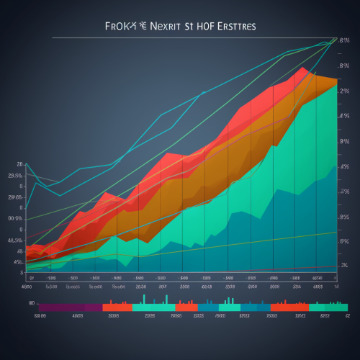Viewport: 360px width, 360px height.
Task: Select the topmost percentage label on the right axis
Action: point(344,40)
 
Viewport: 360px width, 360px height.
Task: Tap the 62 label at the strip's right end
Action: point(347,315)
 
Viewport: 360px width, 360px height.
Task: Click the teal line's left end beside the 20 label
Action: point(27,165)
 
